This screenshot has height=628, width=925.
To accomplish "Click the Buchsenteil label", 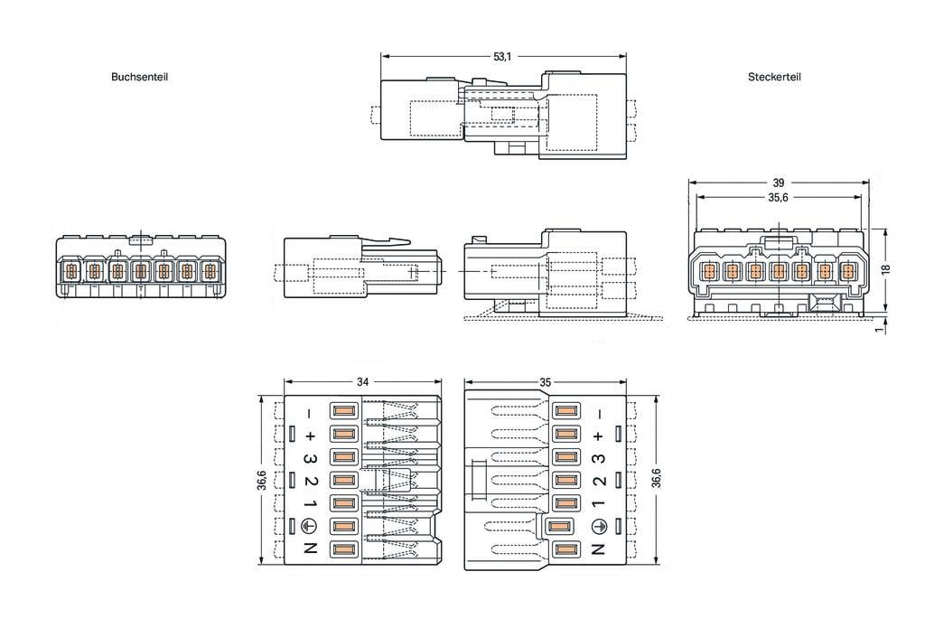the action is pyautogui.click(x=139, y=77).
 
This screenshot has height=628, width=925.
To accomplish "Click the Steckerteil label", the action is pyautogui.click(x=774, y=77).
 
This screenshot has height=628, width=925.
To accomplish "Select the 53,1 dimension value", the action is pyautogui.click(x=502, y=57).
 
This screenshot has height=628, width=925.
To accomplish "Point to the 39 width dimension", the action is pyautogui.click(x=778, y=183).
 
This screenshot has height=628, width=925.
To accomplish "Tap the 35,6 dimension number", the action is pyautogui.click(x=778, y=198).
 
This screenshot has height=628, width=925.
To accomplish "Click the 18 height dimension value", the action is pyautogui.click(x=885, y=268).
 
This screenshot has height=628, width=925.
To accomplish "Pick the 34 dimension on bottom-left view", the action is pyautogui.click(x=362, y=382).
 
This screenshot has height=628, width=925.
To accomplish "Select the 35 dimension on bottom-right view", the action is pyautogui.click(x=545, y=382).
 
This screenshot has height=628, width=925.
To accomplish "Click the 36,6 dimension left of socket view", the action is pyautogui.click(x=262, y=480).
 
